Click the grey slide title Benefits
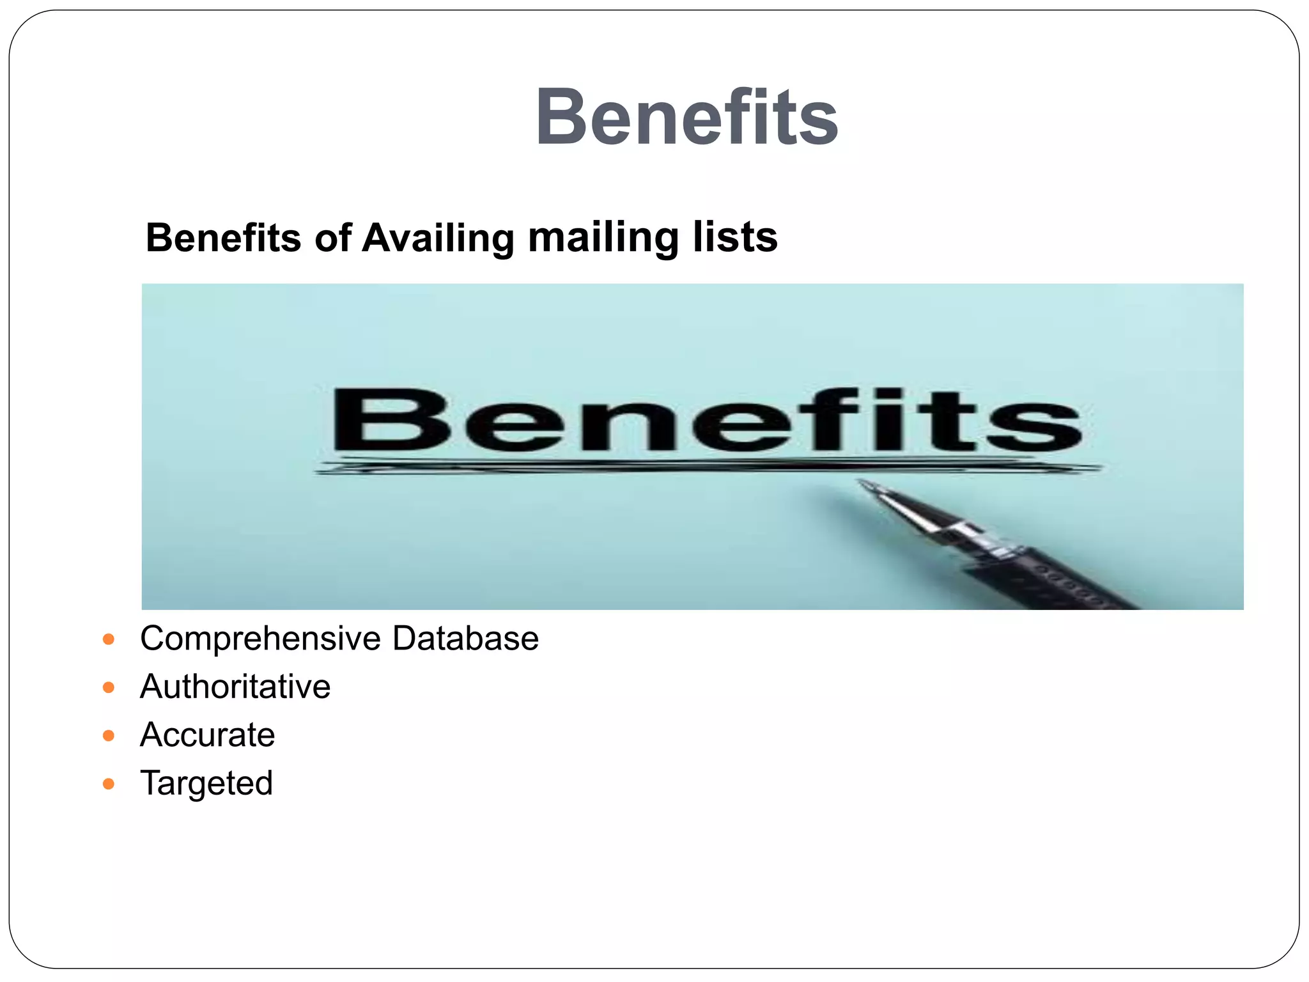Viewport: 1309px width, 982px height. [x=686, y=118]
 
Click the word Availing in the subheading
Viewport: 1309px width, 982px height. [x=438, y=238]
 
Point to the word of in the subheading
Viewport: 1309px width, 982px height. [x=332, y=238]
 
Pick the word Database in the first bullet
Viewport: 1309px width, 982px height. [x=465, y=638]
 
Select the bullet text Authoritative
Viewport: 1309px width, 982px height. [x=235, y=687]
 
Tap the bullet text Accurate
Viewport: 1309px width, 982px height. [x=207, y=735]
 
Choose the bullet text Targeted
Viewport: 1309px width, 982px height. [x=206, y=783]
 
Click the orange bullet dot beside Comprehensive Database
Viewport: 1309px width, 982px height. [x=109, y=639]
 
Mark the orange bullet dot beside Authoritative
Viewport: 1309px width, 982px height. [x=109, y=688]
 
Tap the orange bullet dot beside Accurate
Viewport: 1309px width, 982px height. [x=109, y=736]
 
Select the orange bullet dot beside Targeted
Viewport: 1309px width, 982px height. [x=109, y=784]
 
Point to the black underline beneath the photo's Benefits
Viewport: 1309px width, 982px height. [x=703, y=467]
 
